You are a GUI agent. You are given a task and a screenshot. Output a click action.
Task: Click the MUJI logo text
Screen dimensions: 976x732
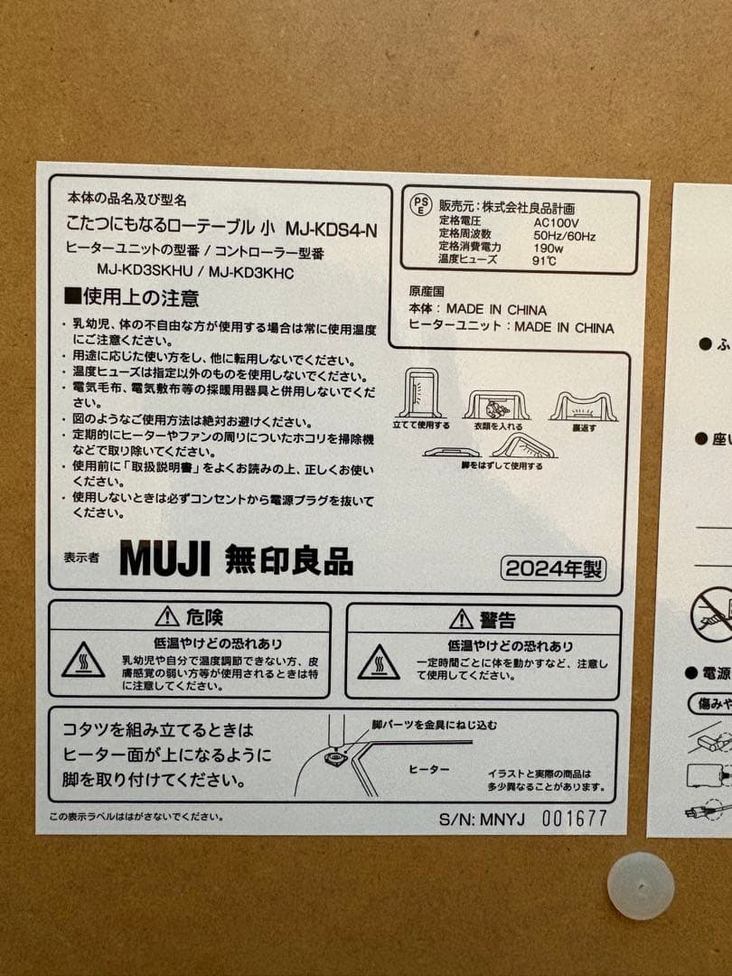(x=164, y=558)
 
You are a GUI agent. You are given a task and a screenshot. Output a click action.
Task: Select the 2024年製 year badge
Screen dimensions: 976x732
(x=554, y=568)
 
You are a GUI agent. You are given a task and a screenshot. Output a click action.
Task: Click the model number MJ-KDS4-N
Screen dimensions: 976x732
(x=331, y=230)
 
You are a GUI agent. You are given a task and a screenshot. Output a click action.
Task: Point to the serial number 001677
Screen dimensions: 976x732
(x=574, y=819)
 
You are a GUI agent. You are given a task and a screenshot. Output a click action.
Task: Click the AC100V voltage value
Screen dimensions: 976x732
(x=556, y=222)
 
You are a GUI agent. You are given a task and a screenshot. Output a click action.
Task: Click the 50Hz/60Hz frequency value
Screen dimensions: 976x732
(x=564, y=235)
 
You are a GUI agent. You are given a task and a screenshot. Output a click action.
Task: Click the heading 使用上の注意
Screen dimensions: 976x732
(x=132, y=297)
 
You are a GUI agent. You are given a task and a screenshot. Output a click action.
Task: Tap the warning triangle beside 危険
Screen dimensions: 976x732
(x=167, y=617)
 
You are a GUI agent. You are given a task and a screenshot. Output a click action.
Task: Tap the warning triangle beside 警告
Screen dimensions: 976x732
(x=462, y=619)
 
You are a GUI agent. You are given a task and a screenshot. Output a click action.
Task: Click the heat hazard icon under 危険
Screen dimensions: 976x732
(x=83, y=661)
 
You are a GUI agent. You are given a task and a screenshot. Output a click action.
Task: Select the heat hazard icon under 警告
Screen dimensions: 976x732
(x=379, y=662)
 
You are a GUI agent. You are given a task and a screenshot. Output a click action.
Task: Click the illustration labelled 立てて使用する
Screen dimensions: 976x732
(x=420, y=392)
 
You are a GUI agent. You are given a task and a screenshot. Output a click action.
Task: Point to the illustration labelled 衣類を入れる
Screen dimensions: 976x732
(x=497, y=404)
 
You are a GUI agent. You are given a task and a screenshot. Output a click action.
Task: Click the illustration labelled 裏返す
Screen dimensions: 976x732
(x=583, y=406)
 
